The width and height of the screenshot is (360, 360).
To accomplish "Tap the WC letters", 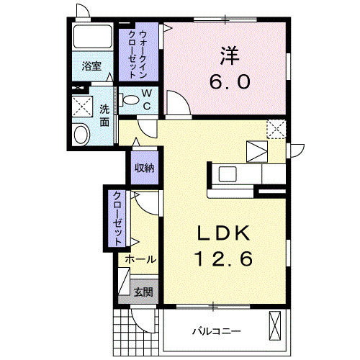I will (x=145, y=99).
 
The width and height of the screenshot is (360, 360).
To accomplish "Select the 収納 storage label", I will (x=144, y=167).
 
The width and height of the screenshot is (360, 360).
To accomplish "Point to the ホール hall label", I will (x=138, y=258).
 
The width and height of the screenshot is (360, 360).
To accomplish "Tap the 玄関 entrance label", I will (x=143, y=292).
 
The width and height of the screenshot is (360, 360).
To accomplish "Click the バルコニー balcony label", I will (x=216, y=330).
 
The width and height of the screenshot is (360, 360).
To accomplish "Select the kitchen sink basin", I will (x=228, y=174).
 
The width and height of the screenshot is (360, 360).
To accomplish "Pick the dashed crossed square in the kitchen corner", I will (x=276, y=129).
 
